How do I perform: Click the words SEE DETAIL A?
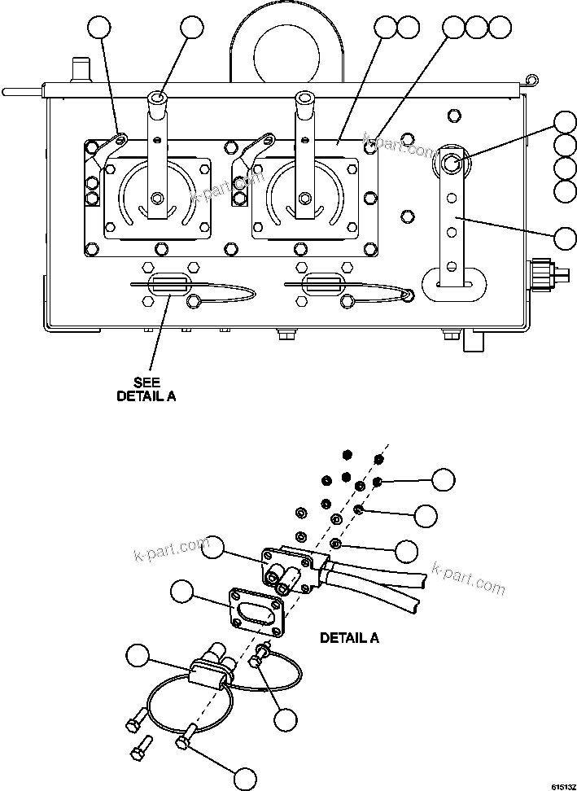[146, 390]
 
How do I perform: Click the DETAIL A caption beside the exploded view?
[349, 637]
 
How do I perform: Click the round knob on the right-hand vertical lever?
[452, 164]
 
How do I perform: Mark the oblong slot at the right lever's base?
[452, 285]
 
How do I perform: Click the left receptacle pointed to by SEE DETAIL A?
[166, 285]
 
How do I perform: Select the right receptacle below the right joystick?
[319, 285]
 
